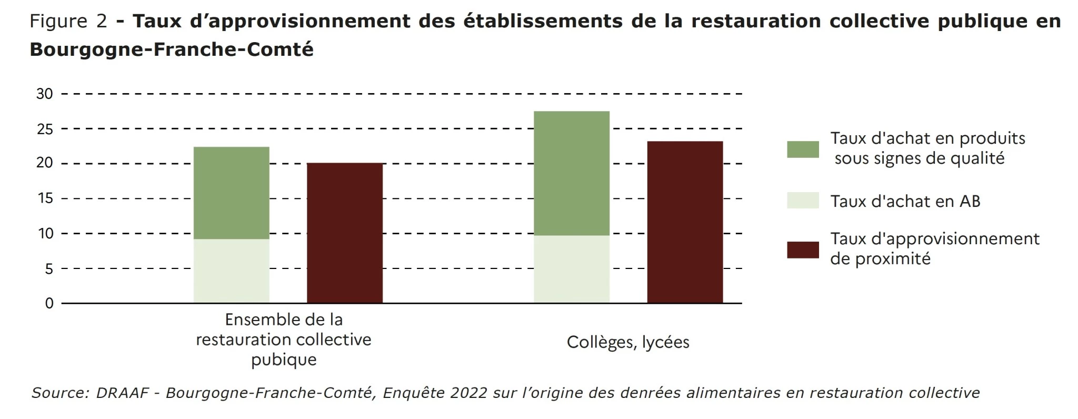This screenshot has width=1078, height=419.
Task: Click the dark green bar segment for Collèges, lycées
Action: coord(571,173)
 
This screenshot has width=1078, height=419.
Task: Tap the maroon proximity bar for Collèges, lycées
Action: coord(685,222)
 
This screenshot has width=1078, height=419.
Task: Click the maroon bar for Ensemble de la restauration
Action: coord(345,233)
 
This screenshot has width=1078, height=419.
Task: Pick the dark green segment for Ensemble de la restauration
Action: coord(231,193)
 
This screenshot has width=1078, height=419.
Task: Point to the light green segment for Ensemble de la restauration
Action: coord(231,271)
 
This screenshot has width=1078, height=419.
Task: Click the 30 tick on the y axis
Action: coord(45,94)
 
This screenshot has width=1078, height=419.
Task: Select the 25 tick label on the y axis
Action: coord(45,129)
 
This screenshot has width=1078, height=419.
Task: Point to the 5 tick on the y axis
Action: coord(48,269)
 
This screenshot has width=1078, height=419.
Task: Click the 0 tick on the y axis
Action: coord(49,303)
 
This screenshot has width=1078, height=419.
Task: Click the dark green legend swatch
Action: coord(803,149)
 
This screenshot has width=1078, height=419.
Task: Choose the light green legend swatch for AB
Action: coord(803,201)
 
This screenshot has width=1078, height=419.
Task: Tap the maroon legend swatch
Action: coord(803,250)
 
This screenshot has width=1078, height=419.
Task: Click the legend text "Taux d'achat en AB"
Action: coord(905,201)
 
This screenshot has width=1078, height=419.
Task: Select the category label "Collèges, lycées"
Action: coord(628,342)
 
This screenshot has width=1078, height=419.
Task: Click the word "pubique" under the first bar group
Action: coord(284,360)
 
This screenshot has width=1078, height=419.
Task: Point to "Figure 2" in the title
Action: coord(68,21)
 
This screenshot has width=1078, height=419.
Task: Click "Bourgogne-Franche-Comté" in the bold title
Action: coord(172,49)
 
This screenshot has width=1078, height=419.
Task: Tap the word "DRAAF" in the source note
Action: coord(122,393)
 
